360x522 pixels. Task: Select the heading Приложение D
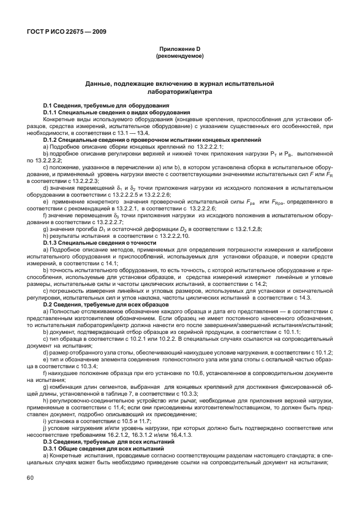click(180, 50)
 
